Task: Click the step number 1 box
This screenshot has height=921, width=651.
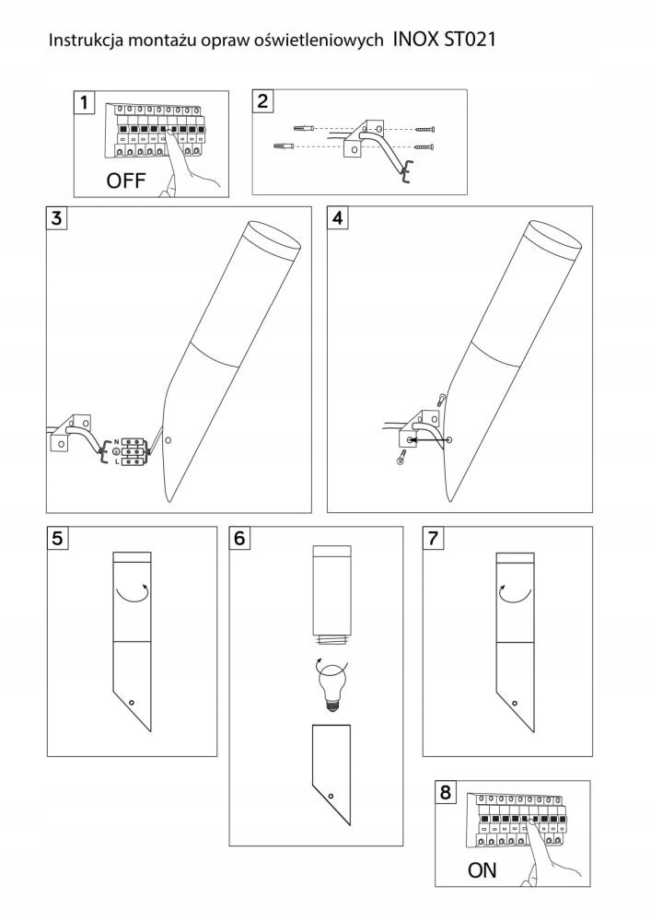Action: [x=86, y=102]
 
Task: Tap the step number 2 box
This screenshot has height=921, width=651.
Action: [x=263, y=101]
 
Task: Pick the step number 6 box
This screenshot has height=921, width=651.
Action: [x=240, y=539]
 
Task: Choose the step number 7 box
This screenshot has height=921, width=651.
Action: [x=434, y=539]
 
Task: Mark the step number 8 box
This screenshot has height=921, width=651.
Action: [x=447, y=792]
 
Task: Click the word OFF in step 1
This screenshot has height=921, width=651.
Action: [x=126, y=181]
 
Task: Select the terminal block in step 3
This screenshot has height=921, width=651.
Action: [x=129, y=451]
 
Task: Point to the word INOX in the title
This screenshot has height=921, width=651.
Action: [x=414, y=41]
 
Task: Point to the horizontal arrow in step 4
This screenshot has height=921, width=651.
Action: [x=429, y=441]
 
